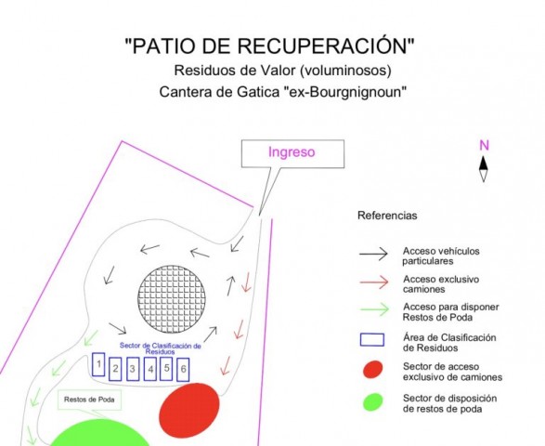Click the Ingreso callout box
tap(292, 153)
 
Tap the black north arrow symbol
tap(484, 169)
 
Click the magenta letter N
tap(484, 145)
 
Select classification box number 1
tap(98, 364)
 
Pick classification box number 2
tap(115, 369)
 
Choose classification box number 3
tap(133, 369)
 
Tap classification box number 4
tap(150, 369)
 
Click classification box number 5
tap(166, 369)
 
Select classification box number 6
tap(183, 370)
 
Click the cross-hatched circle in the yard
tap(172, 299)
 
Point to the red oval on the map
tap(189, 407)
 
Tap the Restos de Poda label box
tap(89, 400)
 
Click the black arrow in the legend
tap(373, 254)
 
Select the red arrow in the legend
tap(374, 282)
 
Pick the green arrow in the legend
tap(374, 309)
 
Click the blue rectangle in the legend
tap(372, 340)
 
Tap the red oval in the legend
tap(372, 370)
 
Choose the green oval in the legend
tap(373, 401)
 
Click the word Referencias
tap(387, 216)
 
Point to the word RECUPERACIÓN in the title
tap(320, 46)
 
